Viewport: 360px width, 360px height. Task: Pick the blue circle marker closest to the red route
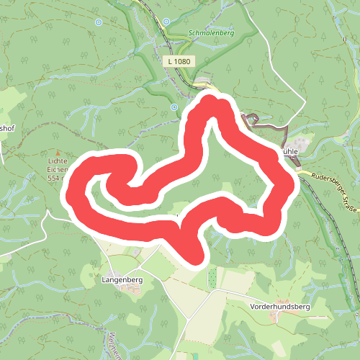[174, 107]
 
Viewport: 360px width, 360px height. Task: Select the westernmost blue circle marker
[99, 22]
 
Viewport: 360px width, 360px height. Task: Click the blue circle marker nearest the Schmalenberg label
[166, 22]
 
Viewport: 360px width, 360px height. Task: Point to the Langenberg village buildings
[130, 288]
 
